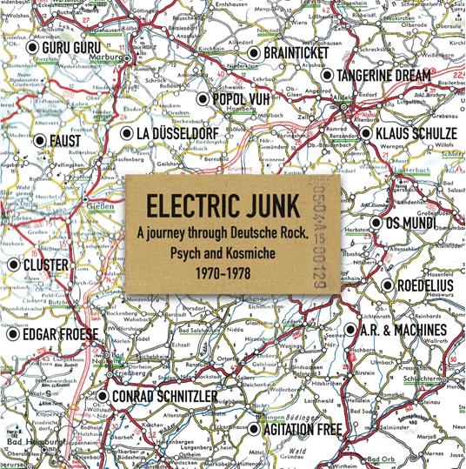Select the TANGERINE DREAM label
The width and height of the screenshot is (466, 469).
[385, 76]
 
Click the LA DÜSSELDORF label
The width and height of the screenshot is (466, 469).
[187, 133]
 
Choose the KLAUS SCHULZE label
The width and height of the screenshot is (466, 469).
[415, 134]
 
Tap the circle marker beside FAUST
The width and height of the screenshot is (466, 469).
[40, 138]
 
